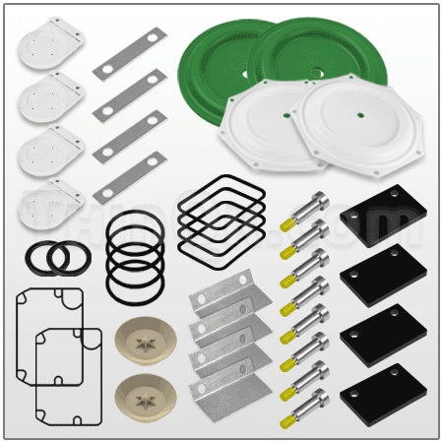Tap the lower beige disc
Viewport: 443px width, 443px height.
click(147, 398)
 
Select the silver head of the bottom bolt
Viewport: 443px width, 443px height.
click(317, 399)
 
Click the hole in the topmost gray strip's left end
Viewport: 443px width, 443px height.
click(105, 72)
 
